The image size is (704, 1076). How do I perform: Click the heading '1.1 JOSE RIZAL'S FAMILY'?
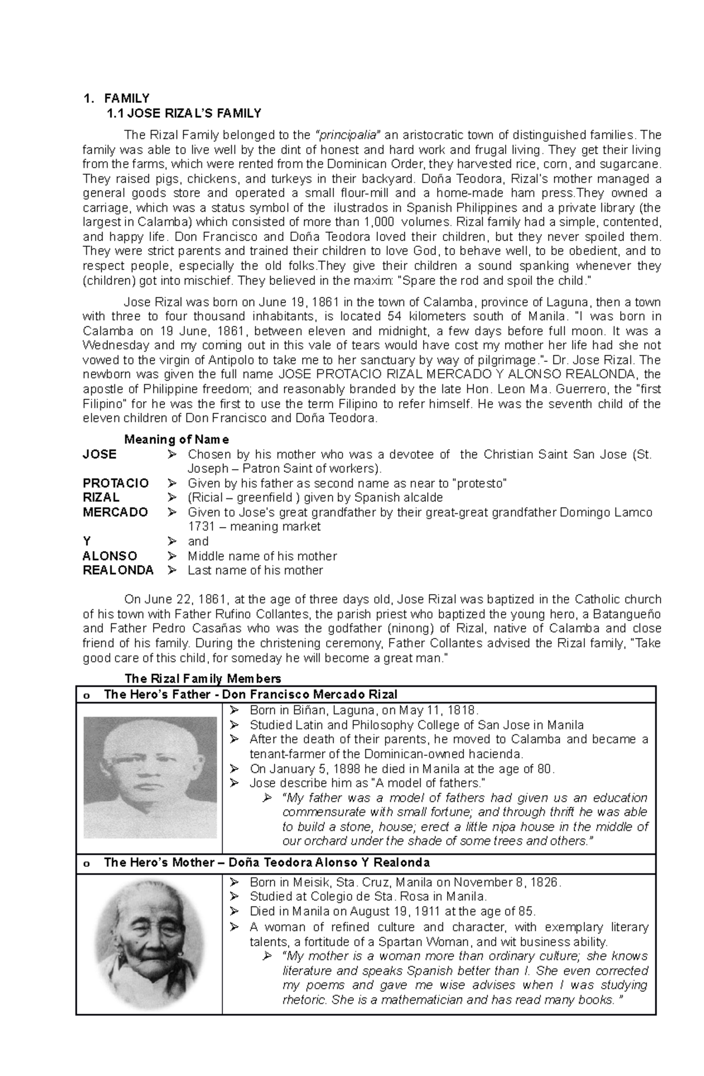[x=182, y=113]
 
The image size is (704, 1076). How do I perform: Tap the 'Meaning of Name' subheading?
[x=177, y=439]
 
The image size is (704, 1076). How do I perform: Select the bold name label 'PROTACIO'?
[x=116, y=483]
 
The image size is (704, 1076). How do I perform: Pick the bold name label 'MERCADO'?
[x=115, y=512]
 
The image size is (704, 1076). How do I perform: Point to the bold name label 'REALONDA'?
[x=118, y=570]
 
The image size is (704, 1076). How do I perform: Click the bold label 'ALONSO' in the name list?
[x=110, y=556]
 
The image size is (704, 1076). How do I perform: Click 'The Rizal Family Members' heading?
[x=203, y=678]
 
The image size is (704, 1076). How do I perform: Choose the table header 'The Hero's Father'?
[x=250, y=695]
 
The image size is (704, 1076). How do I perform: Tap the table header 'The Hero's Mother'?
[x=266, y=863]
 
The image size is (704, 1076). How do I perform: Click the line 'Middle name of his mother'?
[x=262, y=556]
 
